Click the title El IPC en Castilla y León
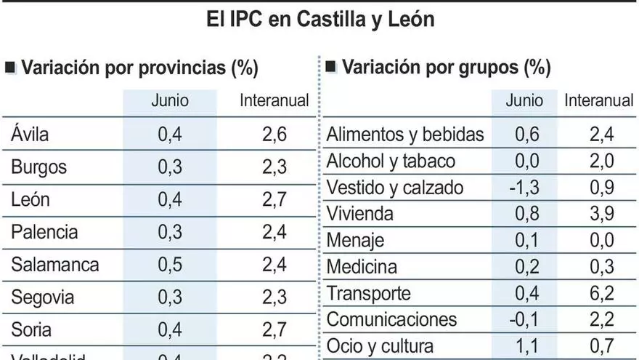(319, 19)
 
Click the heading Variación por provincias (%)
(139, 68)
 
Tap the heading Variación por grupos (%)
(446, 68)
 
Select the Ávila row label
(30, 134)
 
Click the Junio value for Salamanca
(170, 264)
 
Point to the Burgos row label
(38, 167)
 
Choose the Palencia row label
(44, 232)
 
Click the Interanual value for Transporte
(598, 293)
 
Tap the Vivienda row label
(360, 214)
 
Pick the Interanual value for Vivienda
(598, 214)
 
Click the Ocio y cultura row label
(380, 345)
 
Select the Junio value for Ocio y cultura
(524, 345)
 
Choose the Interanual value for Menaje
(598, 240)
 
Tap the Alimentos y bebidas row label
(405, 135)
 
